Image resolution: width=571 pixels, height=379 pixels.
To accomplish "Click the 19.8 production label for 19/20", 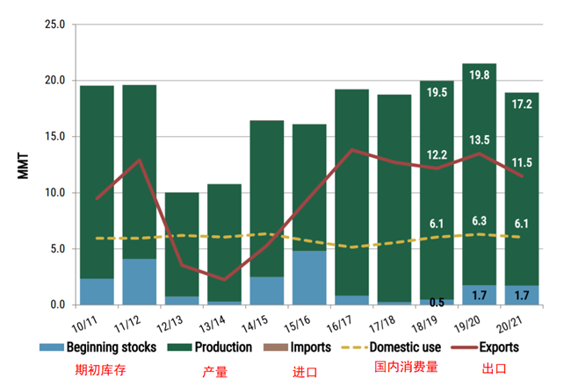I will tap(479, 75).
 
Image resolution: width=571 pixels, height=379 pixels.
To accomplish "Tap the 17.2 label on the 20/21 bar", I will tap(521, 104).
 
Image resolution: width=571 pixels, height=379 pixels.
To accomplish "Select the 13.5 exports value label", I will tap(479, 139).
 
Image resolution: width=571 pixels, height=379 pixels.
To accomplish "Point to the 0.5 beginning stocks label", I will tap(437, 304).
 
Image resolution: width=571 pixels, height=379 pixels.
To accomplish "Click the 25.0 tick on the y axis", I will tap(55, 24).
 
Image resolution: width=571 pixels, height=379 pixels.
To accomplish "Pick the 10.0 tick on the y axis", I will tap(55, 193).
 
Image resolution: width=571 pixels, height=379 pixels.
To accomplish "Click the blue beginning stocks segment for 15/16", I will tap(309, 277).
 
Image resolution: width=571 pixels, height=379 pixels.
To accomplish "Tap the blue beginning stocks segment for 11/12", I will tap(139, 282).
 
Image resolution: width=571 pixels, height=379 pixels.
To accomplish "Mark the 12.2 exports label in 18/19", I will tap(437, 154).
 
